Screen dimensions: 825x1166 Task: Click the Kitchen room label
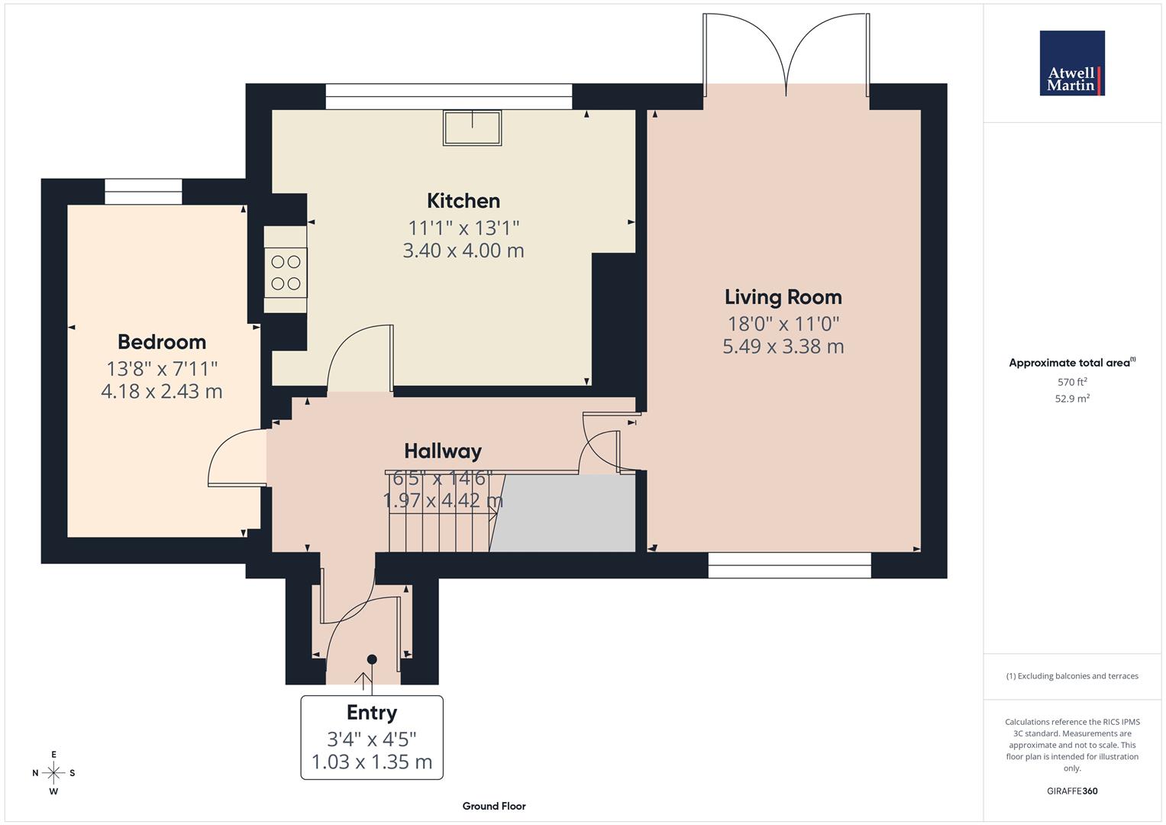463,201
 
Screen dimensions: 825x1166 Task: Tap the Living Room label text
783,297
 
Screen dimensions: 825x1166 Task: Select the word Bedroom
162,341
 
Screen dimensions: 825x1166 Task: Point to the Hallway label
443,451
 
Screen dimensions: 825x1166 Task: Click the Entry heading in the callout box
372,713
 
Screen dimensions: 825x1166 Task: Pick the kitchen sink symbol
473,128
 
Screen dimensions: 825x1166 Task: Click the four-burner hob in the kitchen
286,273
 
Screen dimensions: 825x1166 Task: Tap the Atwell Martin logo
1072,63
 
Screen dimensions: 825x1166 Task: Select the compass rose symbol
53,773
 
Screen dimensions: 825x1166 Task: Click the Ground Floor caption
494,806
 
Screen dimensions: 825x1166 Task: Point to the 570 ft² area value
1072,382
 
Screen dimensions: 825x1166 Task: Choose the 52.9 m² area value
1072,398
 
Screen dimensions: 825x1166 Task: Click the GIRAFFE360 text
1072,791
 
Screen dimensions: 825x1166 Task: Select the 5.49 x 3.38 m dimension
783,347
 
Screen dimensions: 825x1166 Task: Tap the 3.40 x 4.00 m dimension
463,251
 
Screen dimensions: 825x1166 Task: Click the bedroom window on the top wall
144,191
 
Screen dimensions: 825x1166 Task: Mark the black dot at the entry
372,659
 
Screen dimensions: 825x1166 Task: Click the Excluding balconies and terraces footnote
1072,676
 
